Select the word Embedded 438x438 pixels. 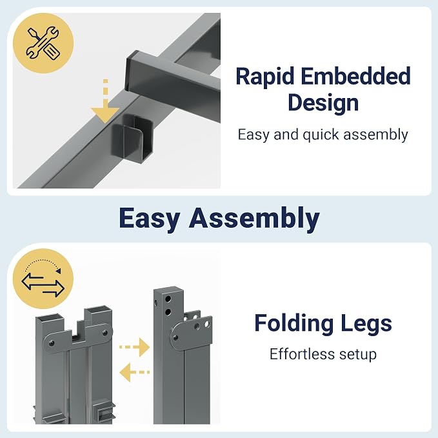(355, 75)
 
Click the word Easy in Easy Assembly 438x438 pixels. (150, 219)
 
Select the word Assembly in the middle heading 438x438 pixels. (254, 218)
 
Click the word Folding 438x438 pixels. (294, 324)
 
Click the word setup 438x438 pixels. (358, 355)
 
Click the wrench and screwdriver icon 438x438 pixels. (43, 43)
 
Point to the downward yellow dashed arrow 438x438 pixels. (105, 101)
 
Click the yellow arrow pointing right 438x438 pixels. (135, 347)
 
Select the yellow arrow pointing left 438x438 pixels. (135, 372)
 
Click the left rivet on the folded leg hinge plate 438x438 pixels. (52, 343)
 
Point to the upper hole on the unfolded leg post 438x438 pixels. (168, 299)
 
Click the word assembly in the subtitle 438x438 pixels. (375, 135)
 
